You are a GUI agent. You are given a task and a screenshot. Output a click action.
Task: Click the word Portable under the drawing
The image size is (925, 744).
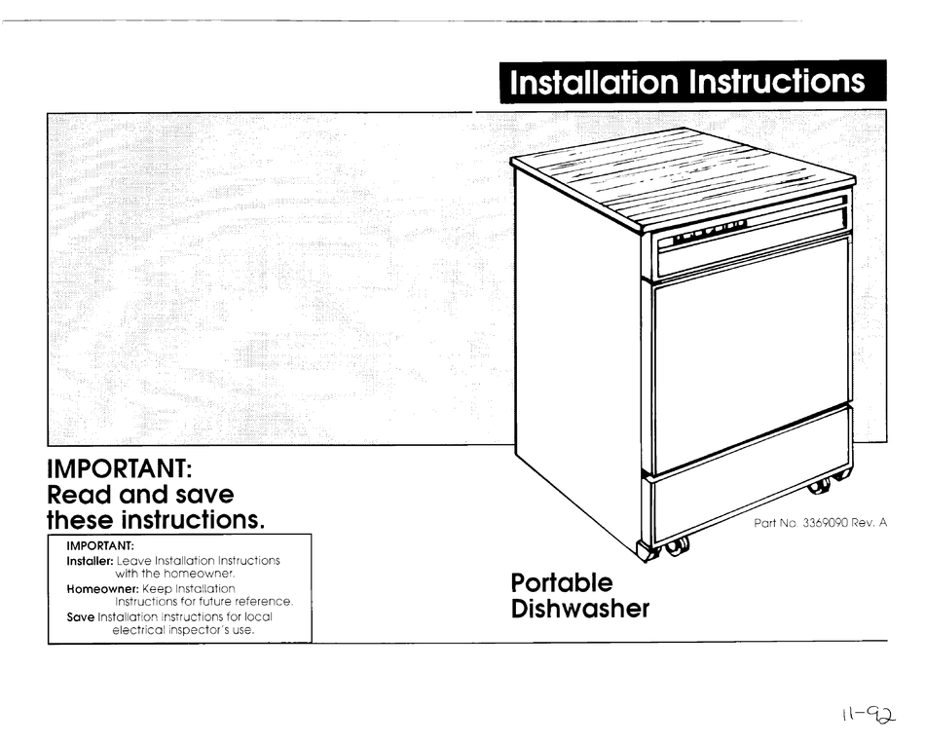click(x=562, y=583)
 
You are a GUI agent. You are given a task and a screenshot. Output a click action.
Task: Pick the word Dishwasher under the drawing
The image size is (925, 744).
click(x=579, y=611)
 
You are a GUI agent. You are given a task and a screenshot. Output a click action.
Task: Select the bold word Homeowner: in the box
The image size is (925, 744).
click(x=103, y=589)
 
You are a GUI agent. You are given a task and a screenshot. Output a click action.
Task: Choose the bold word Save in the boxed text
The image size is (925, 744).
click(x=81, y=616)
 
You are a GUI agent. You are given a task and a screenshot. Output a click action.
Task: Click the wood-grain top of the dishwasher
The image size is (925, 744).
click(x=682, y=175)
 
